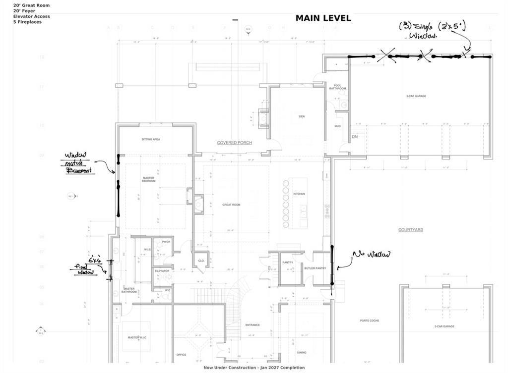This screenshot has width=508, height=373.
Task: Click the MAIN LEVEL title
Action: click(323, 18)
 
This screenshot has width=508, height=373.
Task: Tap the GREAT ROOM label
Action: click(231, 205)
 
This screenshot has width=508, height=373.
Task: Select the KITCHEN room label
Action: click(299, 194)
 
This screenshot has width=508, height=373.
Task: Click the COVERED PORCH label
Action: click(234, 143)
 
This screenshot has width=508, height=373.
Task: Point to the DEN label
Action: click(302, 116)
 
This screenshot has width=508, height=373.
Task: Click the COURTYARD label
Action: click(410, 230)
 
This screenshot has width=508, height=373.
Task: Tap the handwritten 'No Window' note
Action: click(371, 255)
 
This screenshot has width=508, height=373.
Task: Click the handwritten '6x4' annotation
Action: click(95, 260)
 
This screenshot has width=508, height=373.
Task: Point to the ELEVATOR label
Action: click(162, 271)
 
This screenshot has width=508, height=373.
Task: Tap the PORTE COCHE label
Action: click(370, 320)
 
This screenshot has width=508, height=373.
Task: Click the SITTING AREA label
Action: click(151, 140)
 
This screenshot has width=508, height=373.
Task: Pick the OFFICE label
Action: click(181, 355)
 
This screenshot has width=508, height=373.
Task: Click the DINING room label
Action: click(302, 353)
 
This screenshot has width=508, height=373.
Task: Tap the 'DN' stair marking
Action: click(355, 137)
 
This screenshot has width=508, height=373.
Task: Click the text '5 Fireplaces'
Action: click(27, 22)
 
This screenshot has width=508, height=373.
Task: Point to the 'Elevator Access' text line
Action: click(31, 16)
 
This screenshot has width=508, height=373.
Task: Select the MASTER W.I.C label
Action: click(137, 338)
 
